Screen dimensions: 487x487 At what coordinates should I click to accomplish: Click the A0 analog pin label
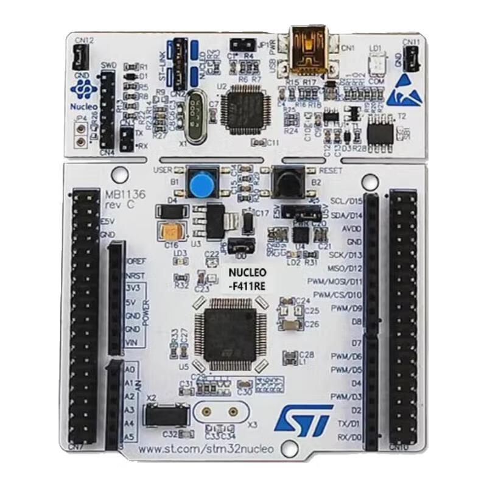pos(128,370)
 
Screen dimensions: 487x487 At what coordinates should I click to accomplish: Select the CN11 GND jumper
pos(412,58)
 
